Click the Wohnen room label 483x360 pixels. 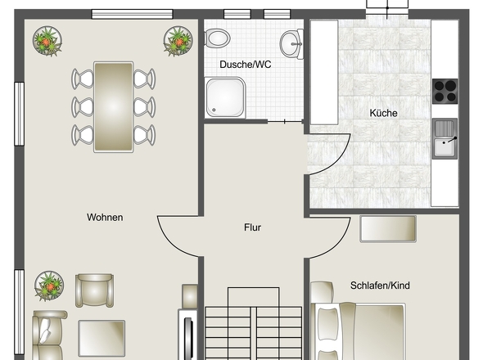(105, 218)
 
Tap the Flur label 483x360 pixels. (253, 227)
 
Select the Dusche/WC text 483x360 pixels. (246, 65)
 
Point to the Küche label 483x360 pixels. (383, 113)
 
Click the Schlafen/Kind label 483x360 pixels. (380, 286)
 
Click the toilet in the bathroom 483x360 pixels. (218, 38)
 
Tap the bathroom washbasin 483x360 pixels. (291, 43)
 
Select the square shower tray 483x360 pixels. (225, 97)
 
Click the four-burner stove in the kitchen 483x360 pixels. (445, 91)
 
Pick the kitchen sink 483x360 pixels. (445, 138)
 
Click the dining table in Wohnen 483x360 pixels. (114, 107)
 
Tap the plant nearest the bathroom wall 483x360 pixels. (178, 41)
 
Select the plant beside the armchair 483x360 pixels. (49, 286)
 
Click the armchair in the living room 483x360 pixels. (95, 290)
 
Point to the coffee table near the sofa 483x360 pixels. (102, 338)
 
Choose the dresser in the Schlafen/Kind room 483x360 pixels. (388, 229)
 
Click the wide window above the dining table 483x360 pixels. (132, 14)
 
